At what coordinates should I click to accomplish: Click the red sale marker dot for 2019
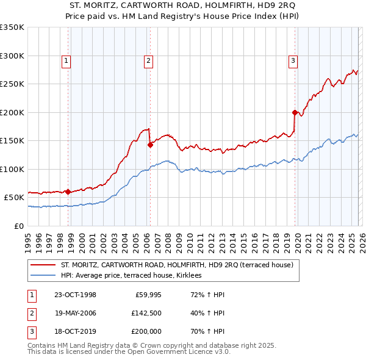[x=295, y=112]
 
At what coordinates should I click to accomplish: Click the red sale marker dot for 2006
[x=150, y=145]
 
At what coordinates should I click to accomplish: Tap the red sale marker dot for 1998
[x=68, y=191]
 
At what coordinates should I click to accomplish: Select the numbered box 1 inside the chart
[x=65, y=60]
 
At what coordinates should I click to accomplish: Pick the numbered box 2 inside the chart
[x=148, y=60]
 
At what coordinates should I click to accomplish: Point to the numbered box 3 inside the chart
[x=293, y=60]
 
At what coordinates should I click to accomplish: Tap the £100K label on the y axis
[x=12, y=169]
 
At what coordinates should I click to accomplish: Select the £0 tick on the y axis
[x=18, y=226]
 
